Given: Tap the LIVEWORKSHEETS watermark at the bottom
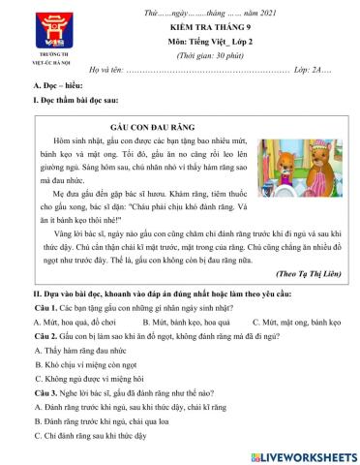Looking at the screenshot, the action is click(306, 454).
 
